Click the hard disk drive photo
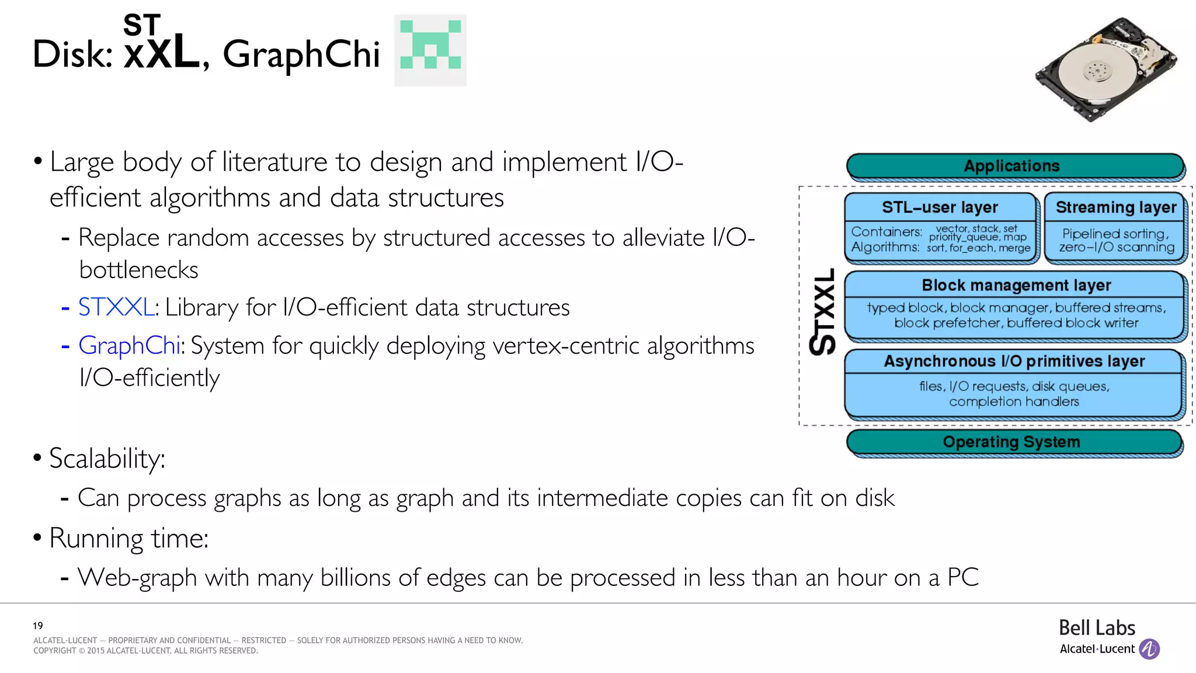click(x=1105, y=69)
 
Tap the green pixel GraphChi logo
click(x=430, y=50)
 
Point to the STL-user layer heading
click(x=940, y=207)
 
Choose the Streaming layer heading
click(x=1115, y=207)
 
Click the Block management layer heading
click(x=1016, y=285)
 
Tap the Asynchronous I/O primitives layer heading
click(x=1014, y=361)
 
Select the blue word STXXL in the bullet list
click(x=116, y=307)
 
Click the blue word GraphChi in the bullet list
click(x=129, y=345)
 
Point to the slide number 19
click(x=38, y=625)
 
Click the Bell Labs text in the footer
click(x=1097, y=628)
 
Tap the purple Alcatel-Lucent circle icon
click(x=1149, y=648)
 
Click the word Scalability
click(x=107, y=459)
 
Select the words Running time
click(x=128, y=538)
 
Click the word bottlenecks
click(x=139, y=270)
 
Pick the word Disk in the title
click(x=72, y=54)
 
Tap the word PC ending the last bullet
click(x=962, y=577)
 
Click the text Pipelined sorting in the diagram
click(x=1114, y=234)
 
